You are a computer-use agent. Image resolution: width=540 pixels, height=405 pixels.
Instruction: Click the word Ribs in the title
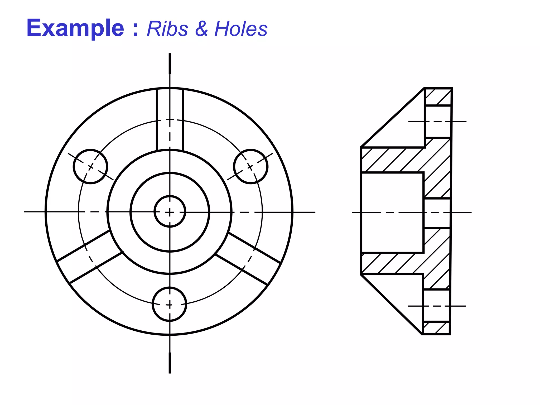167,28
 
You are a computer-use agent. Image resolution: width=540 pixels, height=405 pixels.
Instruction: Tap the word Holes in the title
241,28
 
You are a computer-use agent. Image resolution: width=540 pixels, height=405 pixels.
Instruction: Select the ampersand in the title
201,28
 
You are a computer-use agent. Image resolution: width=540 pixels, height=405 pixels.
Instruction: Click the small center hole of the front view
170,211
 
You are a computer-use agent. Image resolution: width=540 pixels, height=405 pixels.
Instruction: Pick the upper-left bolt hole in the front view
90,166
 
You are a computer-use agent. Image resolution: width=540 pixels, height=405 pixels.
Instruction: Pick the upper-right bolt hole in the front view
250,166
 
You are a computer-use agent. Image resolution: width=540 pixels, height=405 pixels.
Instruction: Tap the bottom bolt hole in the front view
170,304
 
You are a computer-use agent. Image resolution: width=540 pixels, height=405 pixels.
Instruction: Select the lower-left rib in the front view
90,257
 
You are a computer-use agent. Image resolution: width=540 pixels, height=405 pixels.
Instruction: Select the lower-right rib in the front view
248,258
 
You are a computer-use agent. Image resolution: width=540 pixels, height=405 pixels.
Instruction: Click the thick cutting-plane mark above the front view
170,64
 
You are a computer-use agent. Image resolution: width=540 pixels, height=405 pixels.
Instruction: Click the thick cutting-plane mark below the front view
170,363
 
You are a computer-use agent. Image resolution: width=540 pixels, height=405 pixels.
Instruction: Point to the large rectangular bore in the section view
392,213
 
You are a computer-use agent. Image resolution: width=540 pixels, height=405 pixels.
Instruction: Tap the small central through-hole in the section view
437,213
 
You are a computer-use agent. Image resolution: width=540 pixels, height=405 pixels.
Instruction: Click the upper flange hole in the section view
438,122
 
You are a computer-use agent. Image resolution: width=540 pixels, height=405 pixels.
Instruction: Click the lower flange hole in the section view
436,306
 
